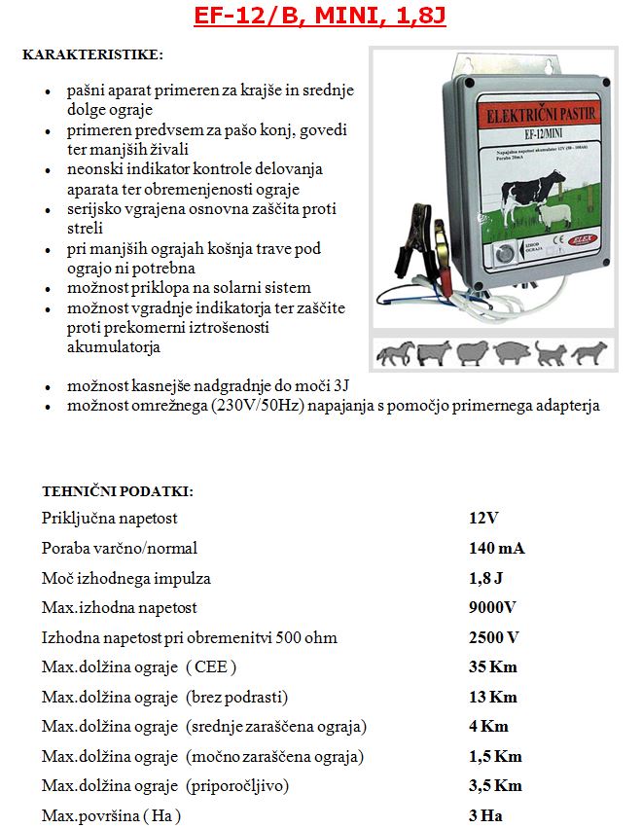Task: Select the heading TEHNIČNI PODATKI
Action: [x=118, y=490]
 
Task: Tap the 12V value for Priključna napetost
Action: [x=483, y=519]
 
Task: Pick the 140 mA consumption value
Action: [x=496, y=549]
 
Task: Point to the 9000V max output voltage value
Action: [x=492, y=608]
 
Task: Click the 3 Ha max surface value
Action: [x=486, y=816]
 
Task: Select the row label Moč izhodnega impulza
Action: [x=126, y=579]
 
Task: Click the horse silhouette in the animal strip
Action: [x=396, y=353]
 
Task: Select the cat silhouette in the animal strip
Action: [x=551, y=354]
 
